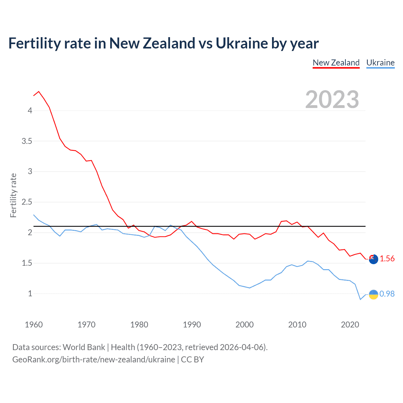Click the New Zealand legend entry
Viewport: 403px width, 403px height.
(x=336, y=63)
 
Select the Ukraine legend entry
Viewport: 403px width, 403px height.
(x=380, y=63)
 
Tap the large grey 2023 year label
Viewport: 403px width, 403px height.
(x=332, y=99)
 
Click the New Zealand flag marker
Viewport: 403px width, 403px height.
(x=373, y=259)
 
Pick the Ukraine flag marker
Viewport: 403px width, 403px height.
(x=373, y=294)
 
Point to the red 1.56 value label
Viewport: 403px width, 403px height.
(x=387, y=258)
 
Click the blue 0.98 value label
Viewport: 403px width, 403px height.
(x=387, y=294)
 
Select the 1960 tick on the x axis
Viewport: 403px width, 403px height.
(x=34, y=325)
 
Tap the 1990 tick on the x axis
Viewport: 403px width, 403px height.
(x=192, y=325)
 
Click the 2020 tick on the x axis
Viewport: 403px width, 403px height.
(x=350, y=325)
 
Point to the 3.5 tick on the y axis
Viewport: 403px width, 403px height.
(x=27, y=141)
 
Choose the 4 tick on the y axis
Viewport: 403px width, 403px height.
(x=30, y=111)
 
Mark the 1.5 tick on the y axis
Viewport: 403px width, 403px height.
(x=27, y=263)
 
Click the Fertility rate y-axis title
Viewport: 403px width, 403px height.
(x=13, y=195)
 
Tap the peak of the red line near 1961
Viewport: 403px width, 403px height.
(x=39, y=92)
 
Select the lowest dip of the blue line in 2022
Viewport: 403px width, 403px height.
(x=360, y=299)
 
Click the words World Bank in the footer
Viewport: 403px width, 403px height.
(x=84, y=347)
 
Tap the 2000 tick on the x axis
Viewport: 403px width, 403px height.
(x=244, y=325)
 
